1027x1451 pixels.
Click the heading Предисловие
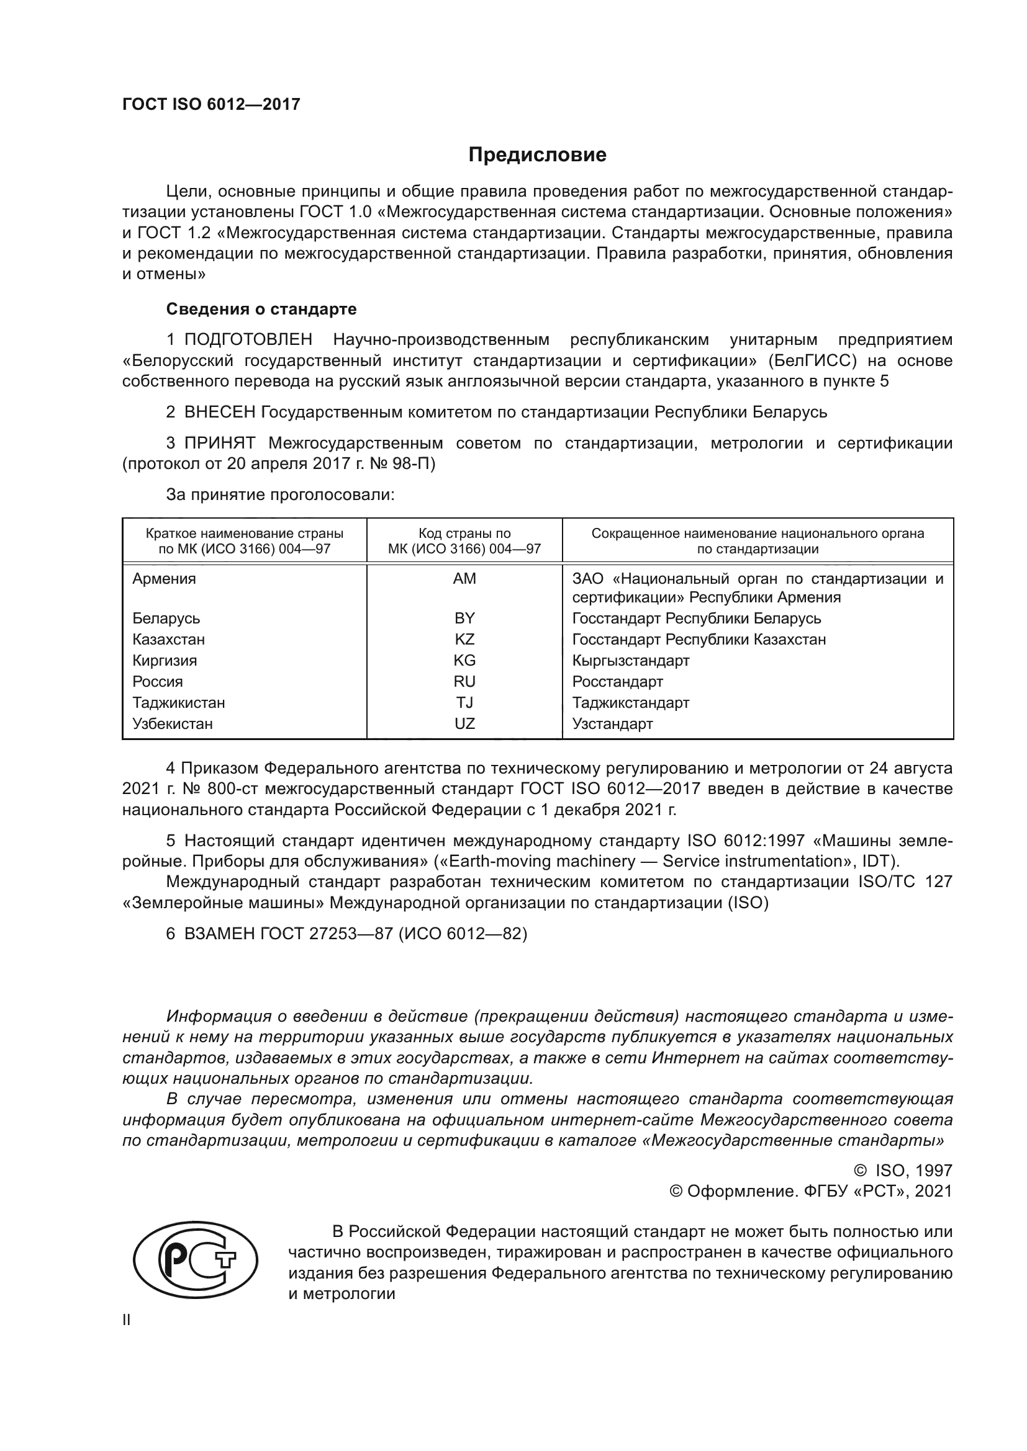click(537, 155)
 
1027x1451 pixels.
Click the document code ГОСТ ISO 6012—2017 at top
click(211, 105)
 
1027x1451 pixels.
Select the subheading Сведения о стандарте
click(261, 309)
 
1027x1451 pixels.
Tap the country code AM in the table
click(464, 579)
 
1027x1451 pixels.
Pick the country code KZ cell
click(464, 640)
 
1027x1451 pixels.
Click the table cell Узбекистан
click(173, 723)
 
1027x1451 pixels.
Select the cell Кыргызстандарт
click(630, 661)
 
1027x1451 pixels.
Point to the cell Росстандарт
click(617, 682)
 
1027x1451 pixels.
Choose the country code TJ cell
click(464, 703)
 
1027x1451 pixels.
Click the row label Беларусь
click(166, 618)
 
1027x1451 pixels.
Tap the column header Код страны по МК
click(464, 541)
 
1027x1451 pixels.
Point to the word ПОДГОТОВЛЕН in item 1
click(248, 340)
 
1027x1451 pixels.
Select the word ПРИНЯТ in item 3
click(219, 443)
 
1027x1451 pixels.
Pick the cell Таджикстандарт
click(630, 703)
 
